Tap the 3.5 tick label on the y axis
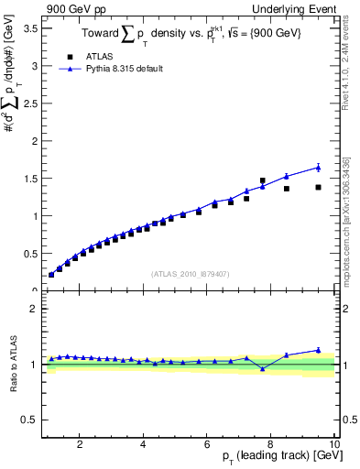28,28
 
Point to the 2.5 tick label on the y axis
28,104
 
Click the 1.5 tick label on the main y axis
28,179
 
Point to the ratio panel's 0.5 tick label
28,420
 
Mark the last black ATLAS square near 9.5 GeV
318,187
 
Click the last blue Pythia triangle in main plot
318,167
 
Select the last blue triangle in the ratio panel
318,350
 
